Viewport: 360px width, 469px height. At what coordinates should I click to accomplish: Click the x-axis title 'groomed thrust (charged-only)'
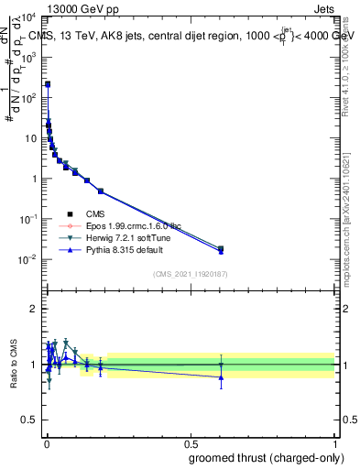tap(267, 457)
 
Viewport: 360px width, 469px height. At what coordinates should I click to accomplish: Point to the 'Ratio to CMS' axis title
tap(13, 365)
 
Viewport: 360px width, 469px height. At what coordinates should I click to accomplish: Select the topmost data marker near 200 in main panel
tap(48, 84)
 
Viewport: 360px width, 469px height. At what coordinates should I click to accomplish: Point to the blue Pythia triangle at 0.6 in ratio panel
tap(220, 376)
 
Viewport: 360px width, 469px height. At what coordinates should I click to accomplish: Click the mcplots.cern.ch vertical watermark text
tap(351, 211)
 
